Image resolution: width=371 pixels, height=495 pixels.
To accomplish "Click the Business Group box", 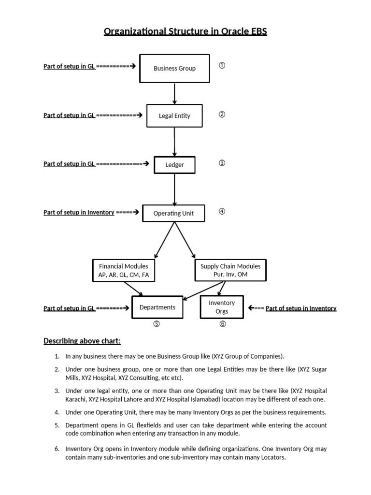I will click(x=174, y=68).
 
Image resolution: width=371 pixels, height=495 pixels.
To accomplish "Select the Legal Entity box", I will click(x=174, y=116).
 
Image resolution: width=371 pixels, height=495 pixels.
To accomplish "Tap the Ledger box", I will click(x=174, y=165).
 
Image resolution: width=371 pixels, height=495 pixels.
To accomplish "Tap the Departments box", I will click(x=157, y=307).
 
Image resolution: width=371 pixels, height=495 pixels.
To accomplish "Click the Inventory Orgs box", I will click(x=222, y=307).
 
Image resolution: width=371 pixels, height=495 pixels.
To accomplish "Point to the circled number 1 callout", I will click(x=222, y=66).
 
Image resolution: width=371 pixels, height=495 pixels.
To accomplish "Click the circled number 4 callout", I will click(x=222, y=211).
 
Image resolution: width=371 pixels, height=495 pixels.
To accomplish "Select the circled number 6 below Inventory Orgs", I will click(x=222, y=324).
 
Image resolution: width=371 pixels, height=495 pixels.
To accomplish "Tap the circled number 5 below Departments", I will click(x=157, y=324).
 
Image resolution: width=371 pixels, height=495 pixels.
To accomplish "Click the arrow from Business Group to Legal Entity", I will click(x=174, y=93).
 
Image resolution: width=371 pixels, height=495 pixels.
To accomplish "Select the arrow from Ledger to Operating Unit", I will click(x=174, y=189).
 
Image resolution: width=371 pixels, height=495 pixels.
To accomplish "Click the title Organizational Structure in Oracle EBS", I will click(x=185, y=32).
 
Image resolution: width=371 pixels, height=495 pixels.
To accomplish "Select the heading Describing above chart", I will click(x=82, y=341).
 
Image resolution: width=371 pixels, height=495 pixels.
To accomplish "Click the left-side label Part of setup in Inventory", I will click(x=79, y=212).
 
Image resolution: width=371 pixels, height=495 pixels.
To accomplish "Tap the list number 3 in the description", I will click(x=57, y=391).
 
